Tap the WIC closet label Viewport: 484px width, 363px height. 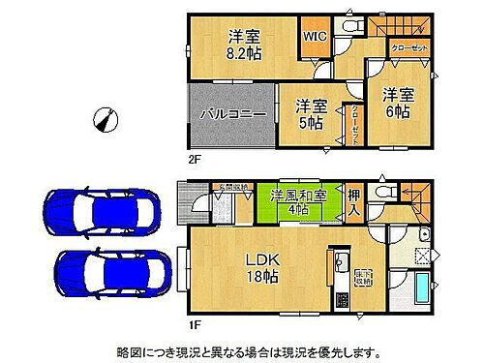coord(316,37)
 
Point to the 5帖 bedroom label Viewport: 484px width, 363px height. coord(307,112)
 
